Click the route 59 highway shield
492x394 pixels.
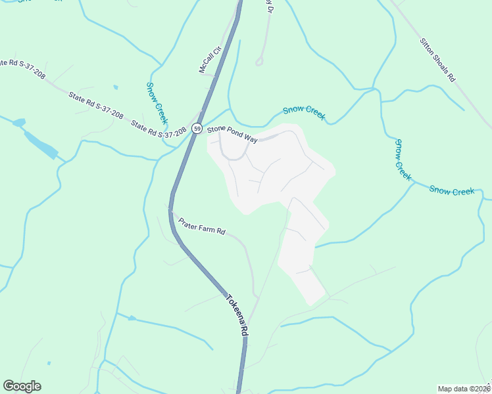197,129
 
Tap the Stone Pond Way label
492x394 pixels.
232,134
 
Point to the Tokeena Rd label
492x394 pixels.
235,315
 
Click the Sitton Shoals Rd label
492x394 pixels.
437,59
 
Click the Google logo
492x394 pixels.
22,386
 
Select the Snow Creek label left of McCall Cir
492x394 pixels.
157,103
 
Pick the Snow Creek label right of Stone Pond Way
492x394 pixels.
304,114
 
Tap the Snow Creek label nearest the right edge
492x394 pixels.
452,190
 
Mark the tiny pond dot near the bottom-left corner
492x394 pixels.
49,363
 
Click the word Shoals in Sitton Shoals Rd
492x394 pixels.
438,60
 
